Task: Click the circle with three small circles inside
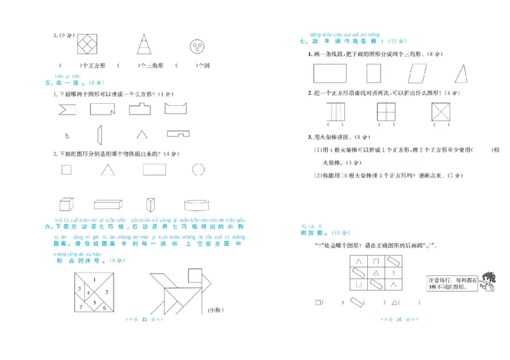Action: coord(198,46)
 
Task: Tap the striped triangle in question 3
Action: coord(144,45)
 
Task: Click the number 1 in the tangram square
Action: coord(94,280)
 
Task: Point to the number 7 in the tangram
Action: coord(82,306)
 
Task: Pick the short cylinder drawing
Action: coord(198,205)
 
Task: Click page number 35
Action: coord(144,319)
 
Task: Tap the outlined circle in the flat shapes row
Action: coord(198,169)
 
